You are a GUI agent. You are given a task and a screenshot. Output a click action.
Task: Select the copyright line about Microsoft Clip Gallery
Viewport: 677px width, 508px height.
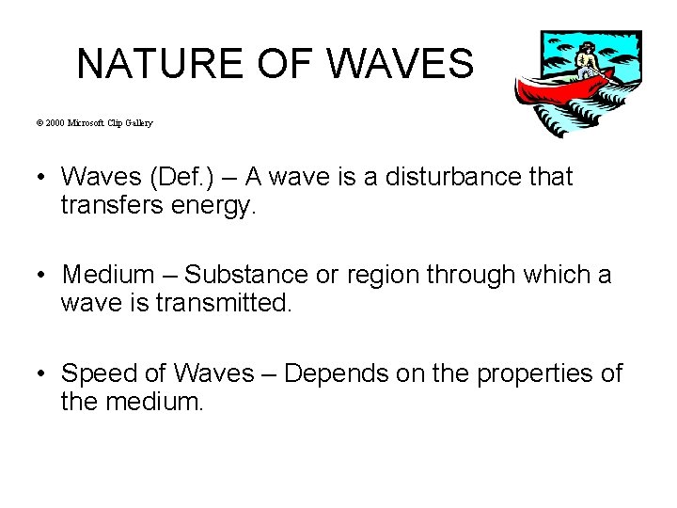click(x=107, y=123)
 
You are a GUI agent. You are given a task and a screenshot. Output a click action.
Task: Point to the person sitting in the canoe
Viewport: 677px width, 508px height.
click(x=588, y=60)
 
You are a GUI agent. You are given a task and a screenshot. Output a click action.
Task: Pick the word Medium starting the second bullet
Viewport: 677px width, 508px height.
click(x=108, y=275)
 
